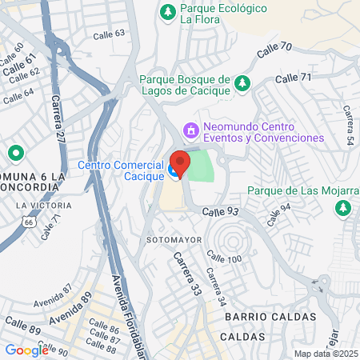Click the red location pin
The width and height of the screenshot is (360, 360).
point(180,162)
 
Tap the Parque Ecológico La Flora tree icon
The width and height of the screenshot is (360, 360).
point(167,11)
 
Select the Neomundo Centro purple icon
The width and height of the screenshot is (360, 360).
point(190,128)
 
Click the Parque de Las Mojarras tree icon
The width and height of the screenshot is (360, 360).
point(343,208)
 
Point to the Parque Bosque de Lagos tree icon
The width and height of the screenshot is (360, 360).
point(243,83)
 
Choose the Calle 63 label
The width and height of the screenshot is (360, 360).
point(109,34)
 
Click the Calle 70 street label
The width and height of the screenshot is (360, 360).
point(274,51)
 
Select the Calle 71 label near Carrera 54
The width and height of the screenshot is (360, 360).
point(293,78)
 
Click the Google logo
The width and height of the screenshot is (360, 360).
point(26,350)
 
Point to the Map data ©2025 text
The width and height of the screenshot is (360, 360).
point(324,354)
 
